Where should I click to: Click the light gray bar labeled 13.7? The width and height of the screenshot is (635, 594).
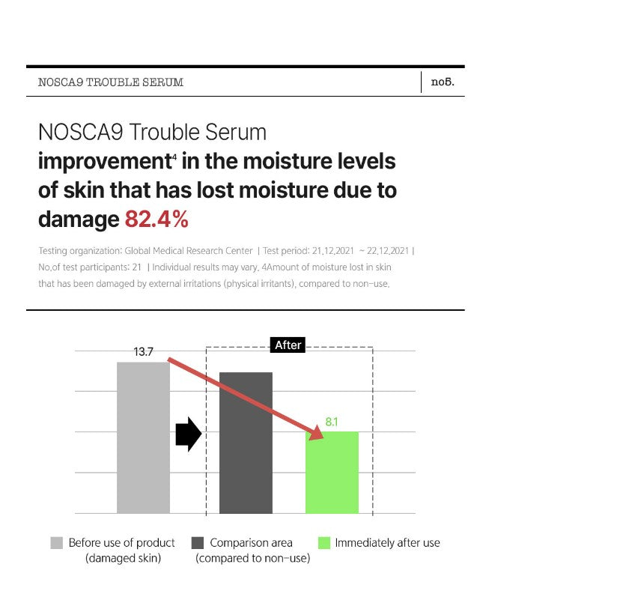pos(143,437)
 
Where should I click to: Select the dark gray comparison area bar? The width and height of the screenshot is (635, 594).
pos(246,443)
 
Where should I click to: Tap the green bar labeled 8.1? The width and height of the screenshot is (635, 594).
pos(332,473)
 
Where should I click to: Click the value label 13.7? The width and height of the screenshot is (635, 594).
pos(143,352)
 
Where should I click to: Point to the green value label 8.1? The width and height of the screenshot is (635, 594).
pos(332,422)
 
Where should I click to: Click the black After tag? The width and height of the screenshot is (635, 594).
pos(288,345)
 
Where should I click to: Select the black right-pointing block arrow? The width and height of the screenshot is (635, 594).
pos(189,434)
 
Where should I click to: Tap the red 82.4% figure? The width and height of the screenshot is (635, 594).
pos(157,219)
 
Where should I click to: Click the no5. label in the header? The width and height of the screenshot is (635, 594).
pos(443,82)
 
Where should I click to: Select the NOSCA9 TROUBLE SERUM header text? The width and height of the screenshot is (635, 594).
pos(111,82)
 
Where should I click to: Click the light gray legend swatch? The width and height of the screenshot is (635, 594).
pos(57,543)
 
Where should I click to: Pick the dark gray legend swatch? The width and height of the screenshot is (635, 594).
pos(198,543)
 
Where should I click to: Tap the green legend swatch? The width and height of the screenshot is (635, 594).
pos(324,543)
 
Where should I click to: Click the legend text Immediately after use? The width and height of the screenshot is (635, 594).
pos(388,543)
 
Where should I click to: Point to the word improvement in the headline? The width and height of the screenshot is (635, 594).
pos(106,161)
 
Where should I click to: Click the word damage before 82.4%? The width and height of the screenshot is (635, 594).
pos(79,219)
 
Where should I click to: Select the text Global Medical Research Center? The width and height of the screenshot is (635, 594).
pos(188,251)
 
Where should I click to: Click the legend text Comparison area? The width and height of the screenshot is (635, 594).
pos(251,543)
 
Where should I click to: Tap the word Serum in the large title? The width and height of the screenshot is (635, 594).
pos(236,132)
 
